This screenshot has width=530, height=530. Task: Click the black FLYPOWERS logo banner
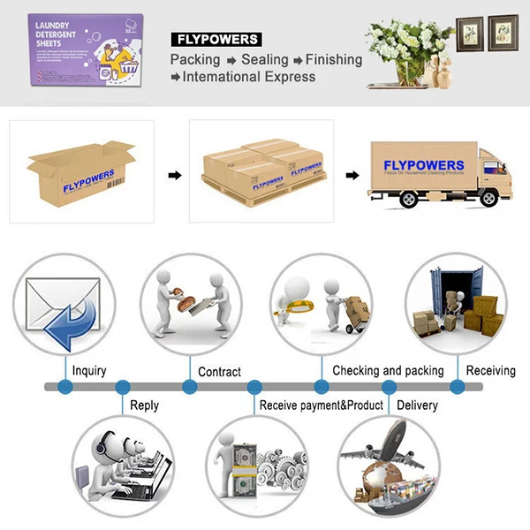pyautogui.click(x=216, y=39)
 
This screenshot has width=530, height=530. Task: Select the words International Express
pyautogui.click(x=249, y=77)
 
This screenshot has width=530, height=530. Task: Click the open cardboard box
pyautogui.click(x=80, y=173)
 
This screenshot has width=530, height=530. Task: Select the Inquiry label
pyautogui.click(x=89, y=370)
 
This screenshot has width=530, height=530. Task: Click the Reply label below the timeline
pyautogui.click(x=144, y=405)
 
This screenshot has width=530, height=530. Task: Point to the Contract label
pyautogui.click(x=219, y=371)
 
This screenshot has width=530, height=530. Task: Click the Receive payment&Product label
pyautogui.click(x=321, y=405)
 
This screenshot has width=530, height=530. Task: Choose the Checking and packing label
pyautogui.click(x=388, y=370)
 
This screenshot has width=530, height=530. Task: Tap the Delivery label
pyautogui.click(x=417, y=405)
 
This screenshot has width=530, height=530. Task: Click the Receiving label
pyautogui.click(x=491, y=370)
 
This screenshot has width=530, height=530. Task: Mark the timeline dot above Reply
pyautogui.click(x=123, y=387)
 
